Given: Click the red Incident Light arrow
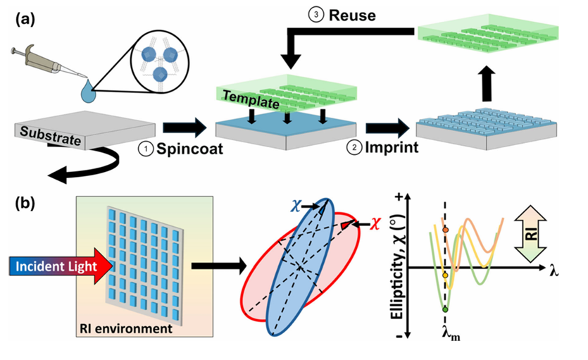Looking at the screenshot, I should [x=56, y=268].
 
